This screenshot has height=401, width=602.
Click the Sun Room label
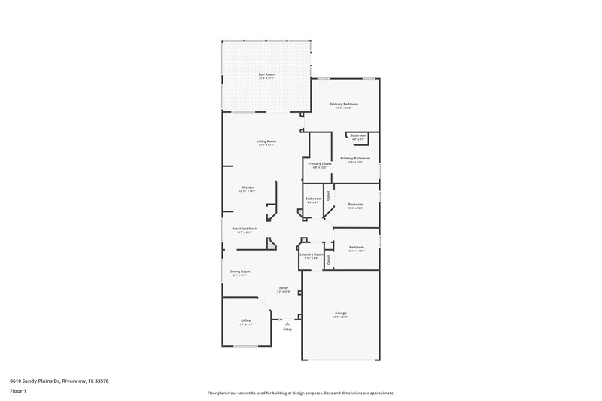click(266, 75)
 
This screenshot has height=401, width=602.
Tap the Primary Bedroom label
click(344, 104)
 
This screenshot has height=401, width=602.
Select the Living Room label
click(266, 141)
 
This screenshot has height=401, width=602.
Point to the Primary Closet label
click(320, 163)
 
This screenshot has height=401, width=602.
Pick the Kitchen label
click(248, 187)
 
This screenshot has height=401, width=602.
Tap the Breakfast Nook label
click(245, 228)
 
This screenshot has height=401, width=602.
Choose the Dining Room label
click(240, 272)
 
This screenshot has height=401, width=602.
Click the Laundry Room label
click(311, 254)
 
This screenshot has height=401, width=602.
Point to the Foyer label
click(284, 287)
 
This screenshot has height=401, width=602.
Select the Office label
click(245, 320)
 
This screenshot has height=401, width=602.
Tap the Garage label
click(341, 313)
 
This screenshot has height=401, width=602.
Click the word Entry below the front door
click(287, 330)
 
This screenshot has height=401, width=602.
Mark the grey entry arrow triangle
click(287, 324)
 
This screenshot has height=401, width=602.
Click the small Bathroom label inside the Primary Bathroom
click(358, 135)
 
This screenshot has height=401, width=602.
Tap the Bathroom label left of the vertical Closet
click(313, 199)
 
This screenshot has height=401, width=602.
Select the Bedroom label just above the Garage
click(357, 247)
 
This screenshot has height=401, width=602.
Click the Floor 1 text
click(19, 392)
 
